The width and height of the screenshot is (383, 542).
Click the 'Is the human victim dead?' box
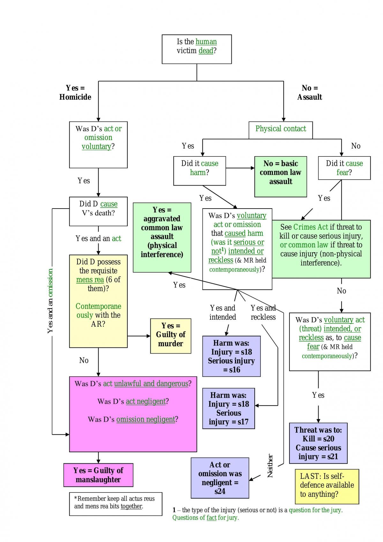tap(197, 49)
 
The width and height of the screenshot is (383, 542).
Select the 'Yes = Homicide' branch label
tap(75, 92)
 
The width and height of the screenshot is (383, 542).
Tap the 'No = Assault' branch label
tap(310, 92)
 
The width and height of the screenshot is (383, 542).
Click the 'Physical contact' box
tap(281, 130)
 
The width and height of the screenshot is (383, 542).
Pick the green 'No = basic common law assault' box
tap(281, 177)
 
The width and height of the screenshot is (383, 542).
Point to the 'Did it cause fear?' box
tap(344, 168)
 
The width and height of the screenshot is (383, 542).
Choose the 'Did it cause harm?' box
tap(199, 171)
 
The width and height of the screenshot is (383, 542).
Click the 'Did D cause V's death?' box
tap(98, 211)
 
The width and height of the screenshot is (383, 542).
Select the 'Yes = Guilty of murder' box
tap(170, 336)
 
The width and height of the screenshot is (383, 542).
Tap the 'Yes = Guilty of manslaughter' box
tap(98, 475)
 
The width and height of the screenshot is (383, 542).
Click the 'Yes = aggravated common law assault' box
tap(162, 237)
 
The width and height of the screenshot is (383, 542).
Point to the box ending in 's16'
tap(231, 356)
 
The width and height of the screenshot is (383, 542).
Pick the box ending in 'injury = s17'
tap(229, 408)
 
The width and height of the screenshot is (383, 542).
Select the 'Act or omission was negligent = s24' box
tap(220, 478)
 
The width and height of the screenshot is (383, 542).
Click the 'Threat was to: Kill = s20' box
tap(318, 443)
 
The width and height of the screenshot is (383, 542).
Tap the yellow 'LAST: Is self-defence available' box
tap(327, 487)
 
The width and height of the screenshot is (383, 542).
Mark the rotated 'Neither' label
tap(270, 466)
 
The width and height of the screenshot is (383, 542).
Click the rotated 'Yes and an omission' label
tap(50, 301)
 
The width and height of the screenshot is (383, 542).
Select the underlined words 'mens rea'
tap(90, 280)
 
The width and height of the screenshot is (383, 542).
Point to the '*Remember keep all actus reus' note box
tap(116, 504)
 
